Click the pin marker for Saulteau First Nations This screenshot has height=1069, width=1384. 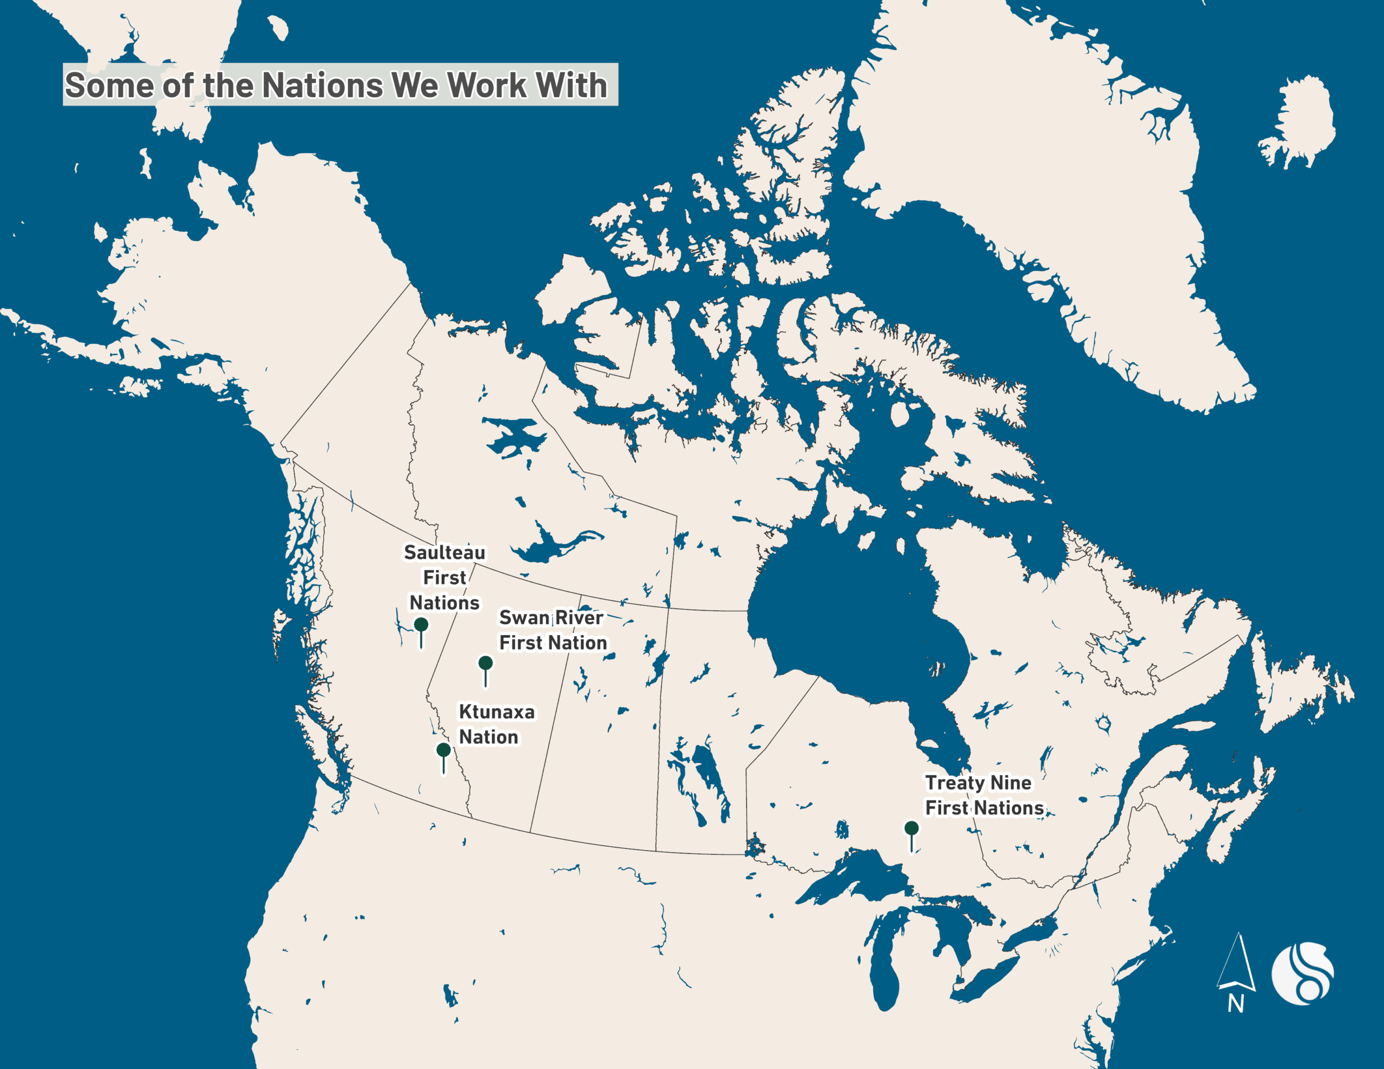point(421,625)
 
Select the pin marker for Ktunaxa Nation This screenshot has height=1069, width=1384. point(444,750)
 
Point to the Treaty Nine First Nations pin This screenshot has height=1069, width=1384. point(911,828)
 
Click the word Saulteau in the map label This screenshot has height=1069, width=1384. point(445,552)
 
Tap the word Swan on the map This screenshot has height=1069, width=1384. point(524,617)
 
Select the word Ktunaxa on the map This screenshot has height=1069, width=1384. point(497,712)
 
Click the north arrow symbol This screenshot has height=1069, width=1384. point(1236,963)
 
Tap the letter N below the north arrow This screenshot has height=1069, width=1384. point(1236,1004)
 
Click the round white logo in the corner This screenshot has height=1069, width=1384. point(1302,973)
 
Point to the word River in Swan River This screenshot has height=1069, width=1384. point(579,617)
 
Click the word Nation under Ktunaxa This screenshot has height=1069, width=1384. point(489,738)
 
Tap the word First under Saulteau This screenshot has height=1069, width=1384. point(444,578)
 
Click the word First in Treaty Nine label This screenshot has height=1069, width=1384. point(947,809)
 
